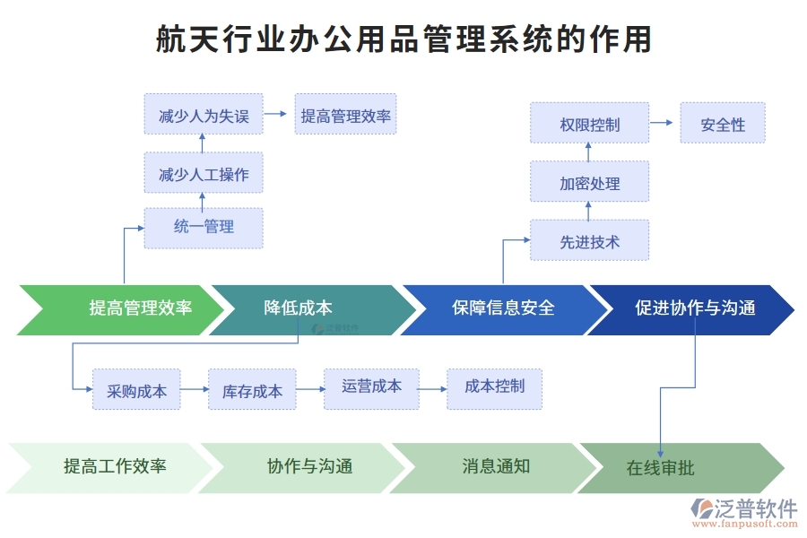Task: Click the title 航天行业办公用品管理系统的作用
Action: click(403, 39)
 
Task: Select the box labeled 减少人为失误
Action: click(204, 116)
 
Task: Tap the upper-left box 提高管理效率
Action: click(345, 116)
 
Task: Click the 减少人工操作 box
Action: click(204, 173)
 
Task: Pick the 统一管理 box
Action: click(204, 228)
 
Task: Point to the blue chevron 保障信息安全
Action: click(502, 309)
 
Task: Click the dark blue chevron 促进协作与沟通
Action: click(695, 309)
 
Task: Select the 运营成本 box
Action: click(371, 387)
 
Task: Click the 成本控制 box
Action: click(494, 387)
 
